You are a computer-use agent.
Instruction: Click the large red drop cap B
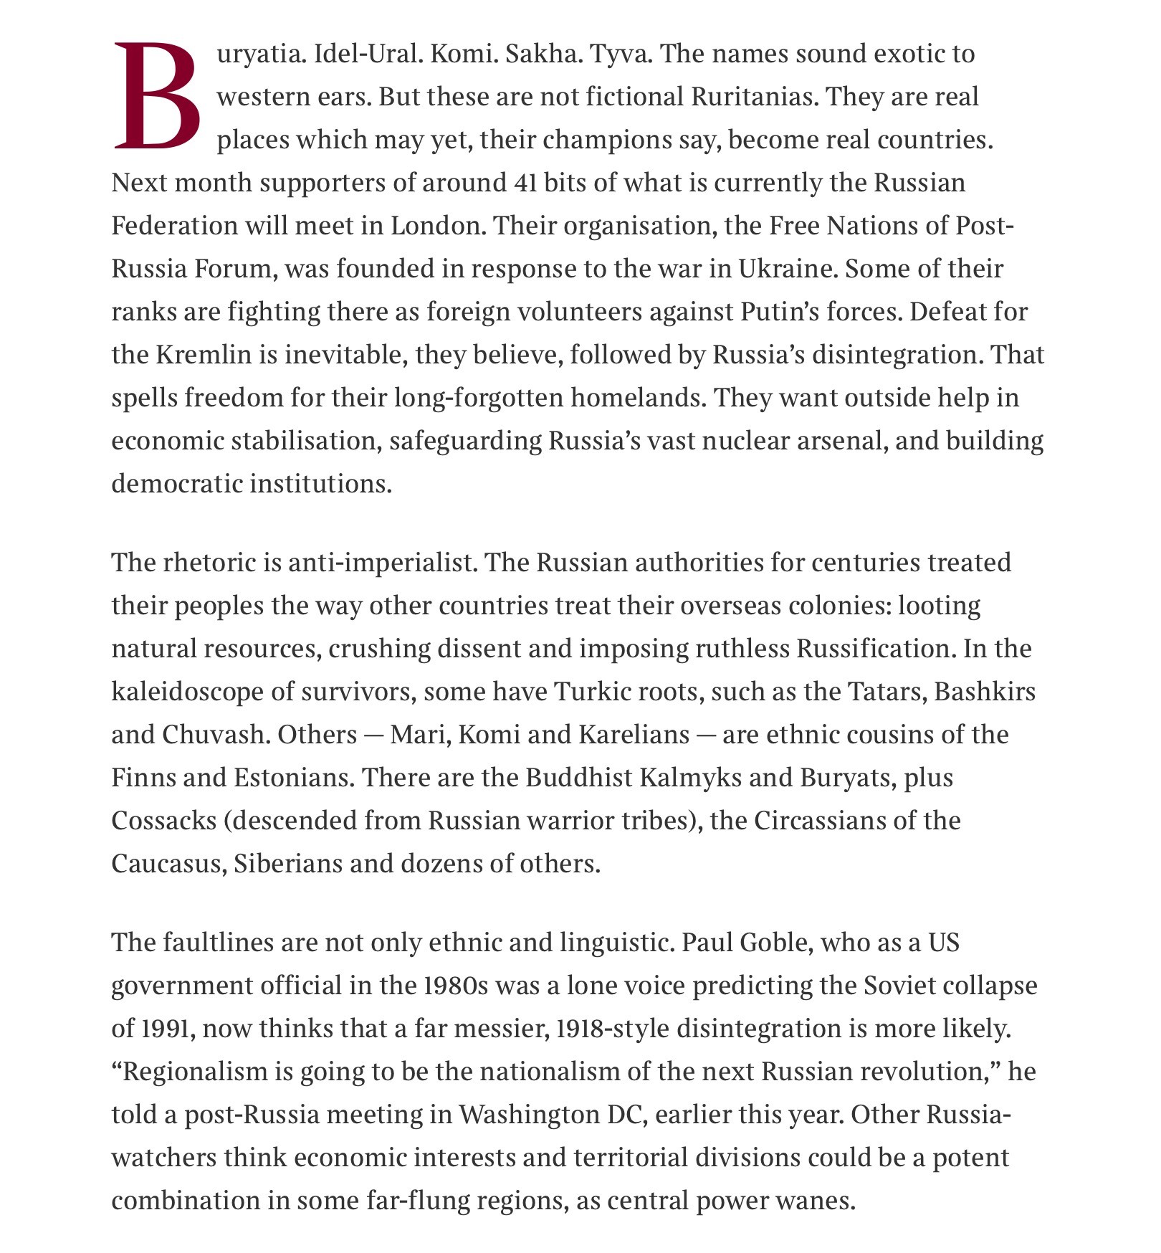tap(156, 97)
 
